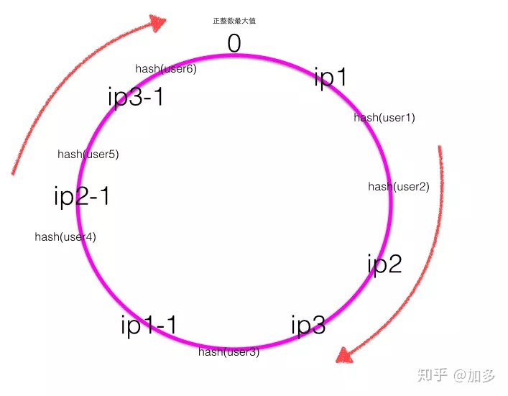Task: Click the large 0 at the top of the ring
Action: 234,44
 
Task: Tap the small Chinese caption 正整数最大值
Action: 234,22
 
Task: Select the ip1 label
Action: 331,77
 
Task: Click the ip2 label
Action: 384,264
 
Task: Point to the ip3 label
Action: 308,325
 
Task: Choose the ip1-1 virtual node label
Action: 149,325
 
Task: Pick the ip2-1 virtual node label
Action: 82,195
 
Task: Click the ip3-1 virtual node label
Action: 136,96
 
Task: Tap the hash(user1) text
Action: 384,117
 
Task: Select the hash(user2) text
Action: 399,187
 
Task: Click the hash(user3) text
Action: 229,352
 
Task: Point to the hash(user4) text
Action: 65,236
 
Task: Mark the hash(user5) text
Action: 88,154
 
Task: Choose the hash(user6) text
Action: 166,69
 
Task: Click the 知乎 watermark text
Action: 433,375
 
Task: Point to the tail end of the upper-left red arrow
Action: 14,172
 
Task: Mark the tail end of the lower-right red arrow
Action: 440,148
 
